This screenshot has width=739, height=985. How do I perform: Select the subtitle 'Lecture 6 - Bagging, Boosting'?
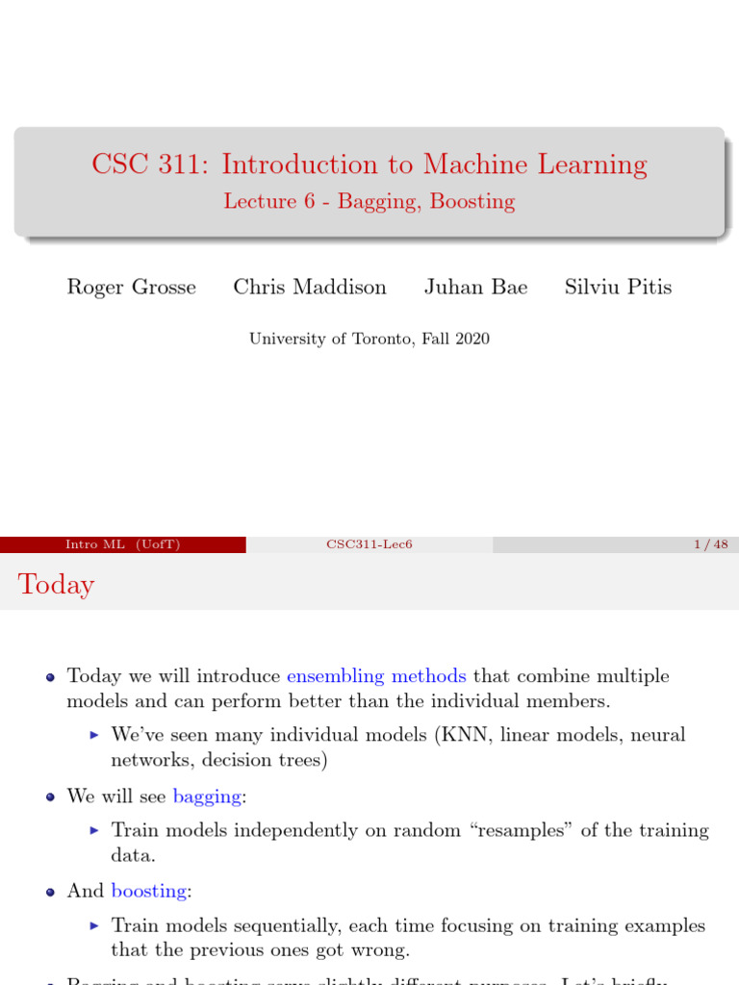(369, 201)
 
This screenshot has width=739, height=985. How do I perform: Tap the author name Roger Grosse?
(131, 287)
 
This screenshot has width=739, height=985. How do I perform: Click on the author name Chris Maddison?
(310, 287)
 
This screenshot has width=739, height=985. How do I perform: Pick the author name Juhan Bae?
(475, 287)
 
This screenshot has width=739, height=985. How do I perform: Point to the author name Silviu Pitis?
(618, 287)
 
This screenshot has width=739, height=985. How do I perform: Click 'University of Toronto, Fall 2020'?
(369, 339)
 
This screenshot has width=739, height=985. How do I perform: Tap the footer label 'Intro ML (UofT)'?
(122, 544)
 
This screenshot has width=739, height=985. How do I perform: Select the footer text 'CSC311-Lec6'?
(369, 544)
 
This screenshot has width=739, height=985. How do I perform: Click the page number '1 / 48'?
(710, 544)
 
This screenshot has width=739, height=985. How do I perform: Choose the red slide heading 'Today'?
(56, 585)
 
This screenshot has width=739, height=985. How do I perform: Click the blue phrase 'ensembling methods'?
(376, 676)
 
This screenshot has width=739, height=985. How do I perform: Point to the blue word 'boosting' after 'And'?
(149, 891)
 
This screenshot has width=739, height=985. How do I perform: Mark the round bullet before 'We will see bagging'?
(51, 796)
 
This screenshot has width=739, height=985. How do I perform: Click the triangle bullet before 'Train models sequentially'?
(94, 925)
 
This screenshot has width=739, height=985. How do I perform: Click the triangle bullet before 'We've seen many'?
(94, 735)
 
